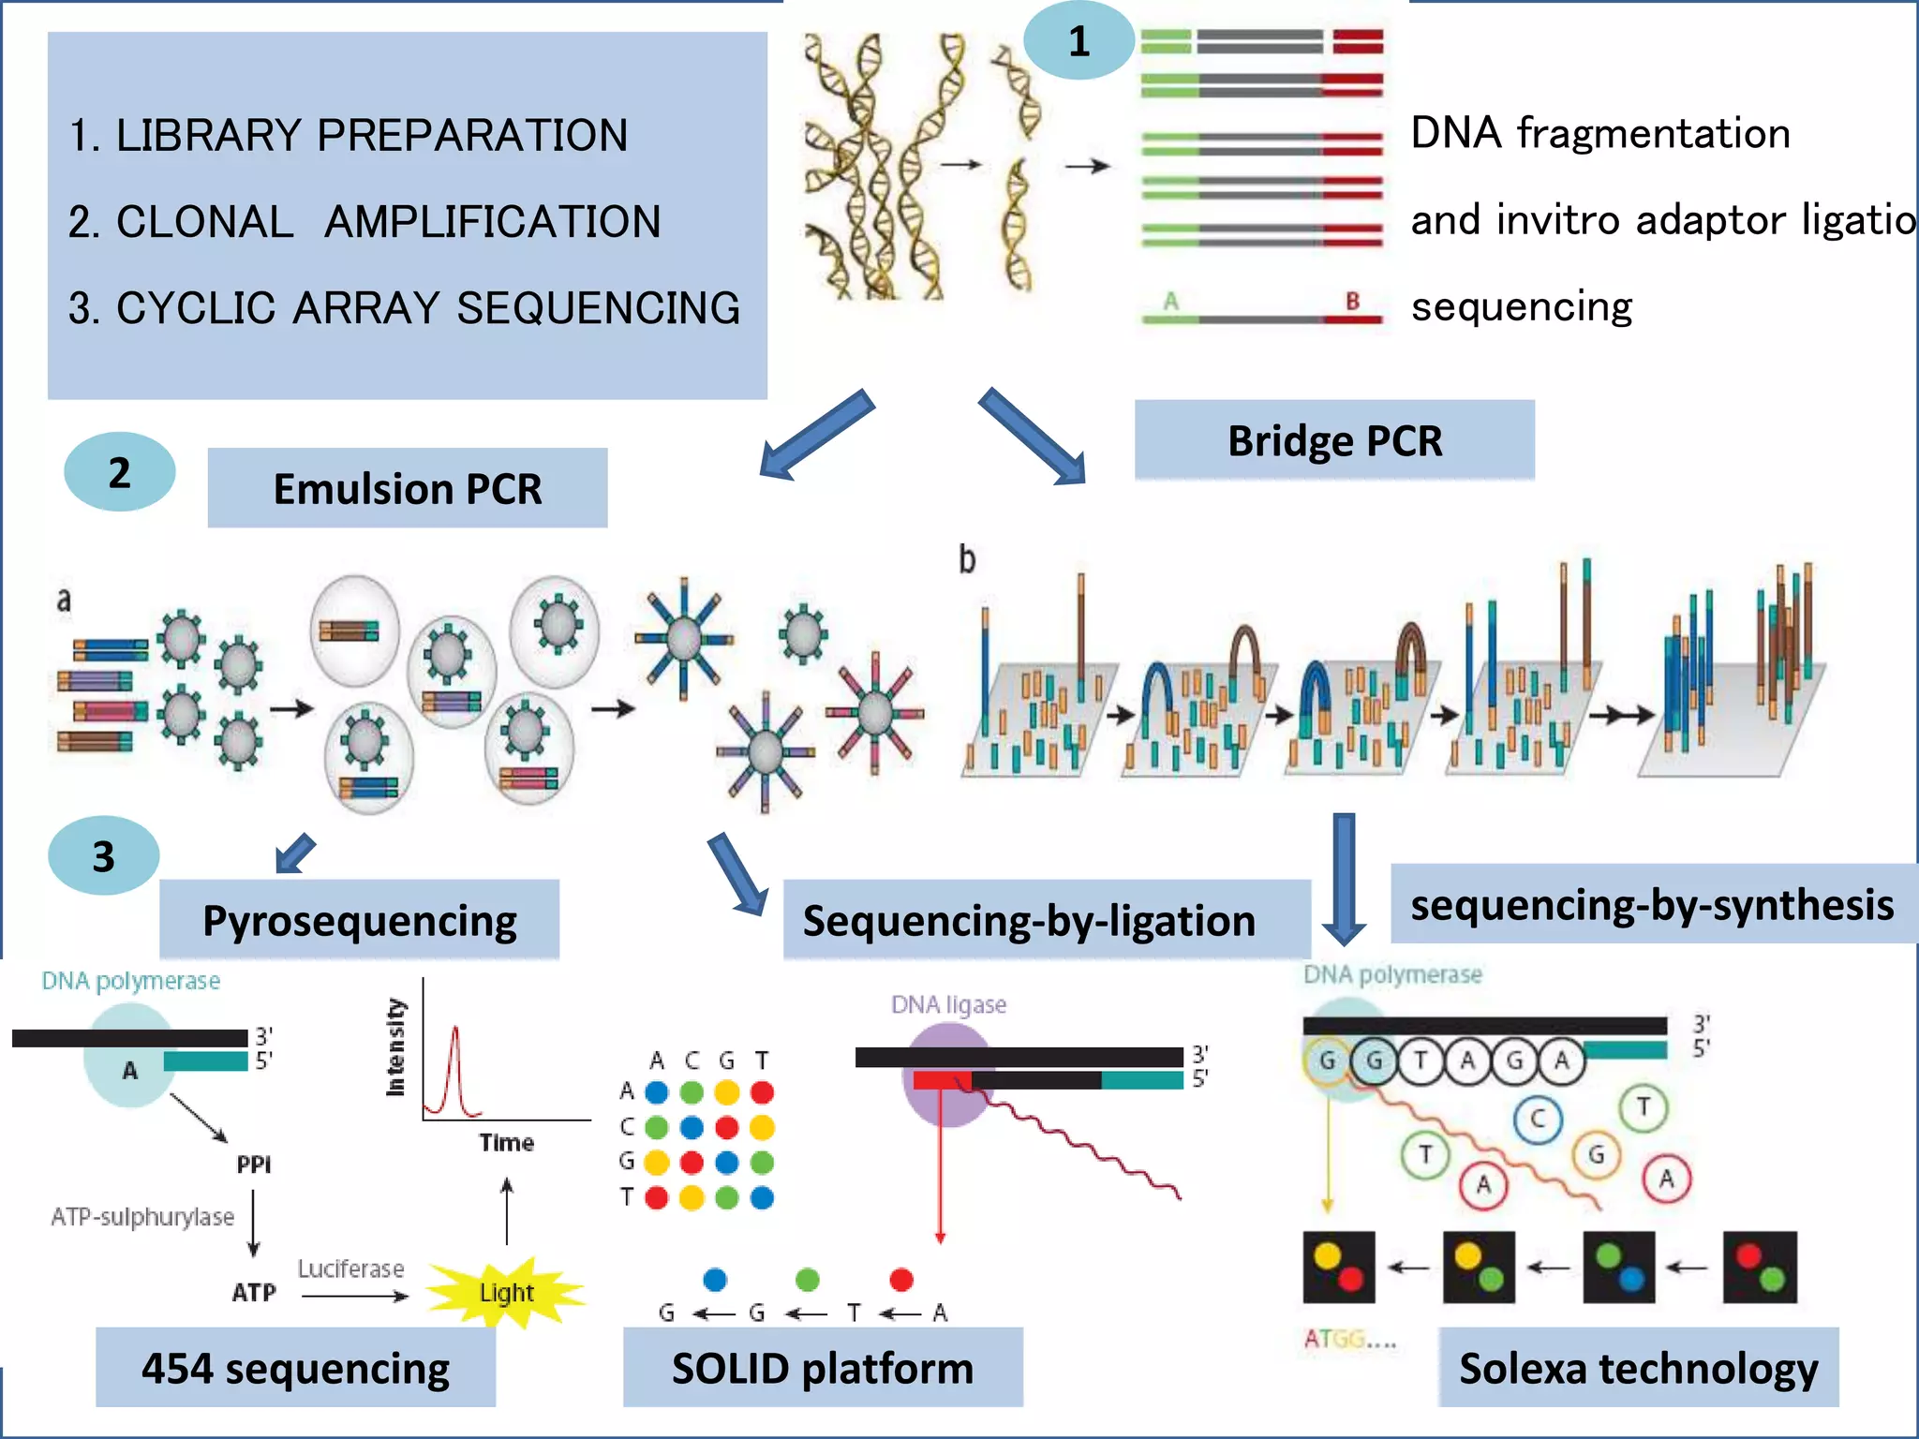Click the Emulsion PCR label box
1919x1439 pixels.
[407, 488]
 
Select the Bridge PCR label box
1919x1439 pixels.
[1334, 440]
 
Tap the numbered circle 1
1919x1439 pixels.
[1079, 40]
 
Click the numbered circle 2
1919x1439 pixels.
[119, 472]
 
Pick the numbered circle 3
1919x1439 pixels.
[103, 855]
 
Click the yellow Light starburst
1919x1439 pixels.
[506, 1293]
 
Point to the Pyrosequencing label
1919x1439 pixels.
[359, 920]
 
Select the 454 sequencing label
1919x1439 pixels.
[295, 1368]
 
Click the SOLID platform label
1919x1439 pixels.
[823, 1368]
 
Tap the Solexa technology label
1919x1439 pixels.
[1638, 1368]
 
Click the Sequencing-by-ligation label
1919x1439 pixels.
[1029, 920]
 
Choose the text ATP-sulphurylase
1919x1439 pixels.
[142, 1217]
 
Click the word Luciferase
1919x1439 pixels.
[350, 1268]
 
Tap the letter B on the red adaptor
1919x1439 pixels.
[1352, 302]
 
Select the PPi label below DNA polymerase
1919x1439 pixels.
[253, 1165]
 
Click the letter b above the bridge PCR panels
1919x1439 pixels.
[967, 559]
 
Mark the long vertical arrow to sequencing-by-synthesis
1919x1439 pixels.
[1344, 876]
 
